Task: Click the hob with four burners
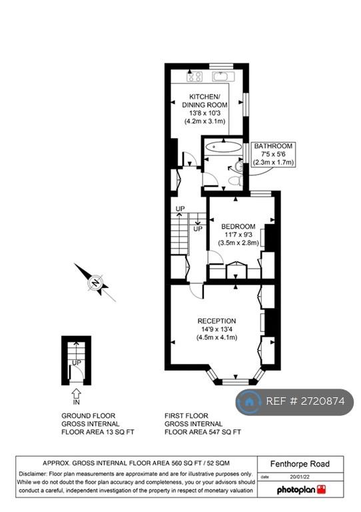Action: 194,77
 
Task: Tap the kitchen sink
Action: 223,77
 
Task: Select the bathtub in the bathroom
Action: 223,147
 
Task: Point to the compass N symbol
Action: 95,283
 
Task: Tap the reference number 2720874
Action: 305,401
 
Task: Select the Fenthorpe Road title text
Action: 300,464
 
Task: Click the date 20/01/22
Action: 300,477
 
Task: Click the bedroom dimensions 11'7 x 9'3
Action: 238,235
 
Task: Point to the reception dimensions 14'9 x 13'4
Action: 217,329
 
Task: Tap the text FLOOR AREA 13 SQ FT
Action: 98,432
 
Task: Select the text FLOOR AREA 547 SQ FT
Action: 202,432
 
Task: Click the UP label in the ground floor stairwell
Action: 77,363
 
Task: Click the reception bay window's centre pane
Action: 235,381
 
